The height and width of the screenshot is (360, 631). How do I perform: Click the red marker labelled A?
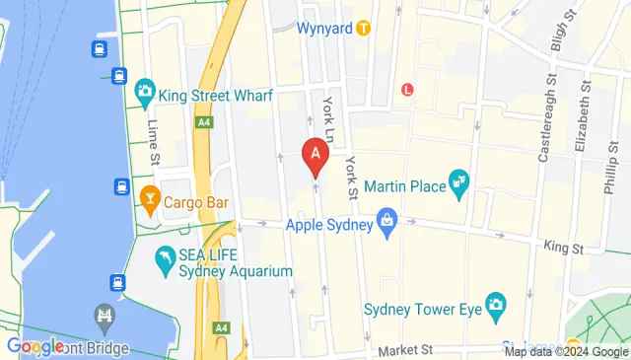tap(315, 155)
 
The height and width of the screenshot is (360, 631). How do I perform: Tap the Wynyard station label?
tap(323, 28)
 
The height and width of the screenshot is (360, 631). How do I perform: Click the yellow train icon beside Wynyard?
tap(363, 28)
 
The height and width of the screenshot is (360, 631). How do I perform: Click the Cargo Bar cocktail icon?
tap(149, 202)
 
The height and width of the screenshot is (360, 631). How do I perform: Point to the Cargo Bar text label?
tap(196, 202)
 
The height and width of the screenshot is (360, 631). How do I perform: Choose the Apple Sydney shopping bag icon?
tap(388, 224)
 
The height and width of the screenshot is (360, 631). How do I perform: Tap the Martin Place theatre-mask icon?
tap(457, 181)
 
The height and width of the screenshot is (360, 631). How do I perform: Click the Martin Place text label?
tap(404, 185)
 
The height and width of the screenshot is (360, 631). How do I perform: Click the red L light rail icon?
tap(407, 90)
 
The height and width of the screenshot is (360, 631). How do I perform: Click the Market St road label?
tap(407, 350)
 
